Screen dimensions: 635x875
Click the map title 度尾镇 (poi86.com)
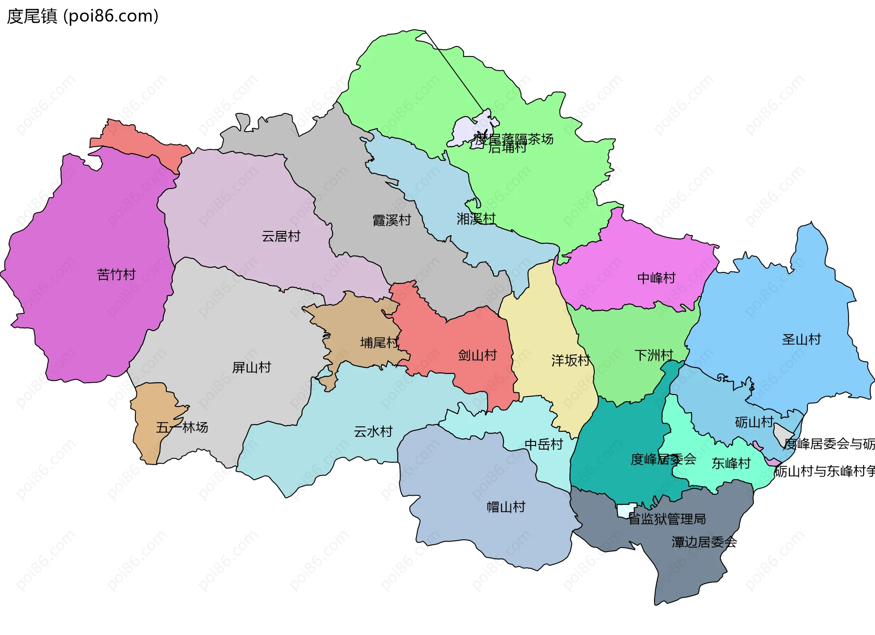tap(82, 16)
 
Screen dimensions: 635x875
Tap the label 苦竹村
tap(116, 275)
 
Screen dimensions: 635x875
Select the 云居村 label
tap(281, 236)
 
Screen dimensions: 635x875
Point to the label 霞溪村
tap(391, 220)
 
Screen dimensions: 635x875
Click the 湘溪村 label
tap(476, 219)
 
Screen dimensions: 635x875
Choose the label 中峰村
tap(656, 278)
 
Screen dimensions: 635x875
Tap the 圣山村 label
tap(801, 339)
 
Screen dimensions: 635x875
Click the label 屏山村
tap(252, 368)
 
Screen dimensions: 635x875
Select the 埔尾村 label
tap(379, 343)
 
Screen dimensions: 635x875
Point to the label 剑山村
tap(477, 355)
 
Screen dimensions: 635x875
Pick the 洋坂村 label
tap(571, 361)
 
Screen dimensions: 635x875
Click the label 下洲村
tap(654, 355)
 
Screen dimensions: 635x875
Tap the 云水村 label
tap(373, 431)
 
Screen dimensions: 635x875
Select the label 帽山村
tap(506, 507)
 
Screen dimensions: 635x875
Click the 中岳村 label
tap(544, 444)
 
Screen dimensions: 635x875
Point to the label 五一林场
tap(182, 427)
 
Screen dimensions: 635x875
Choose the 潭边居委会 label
tap(704, 542)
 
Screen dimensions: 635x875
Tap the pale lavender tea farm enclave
tap(469, 130)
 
